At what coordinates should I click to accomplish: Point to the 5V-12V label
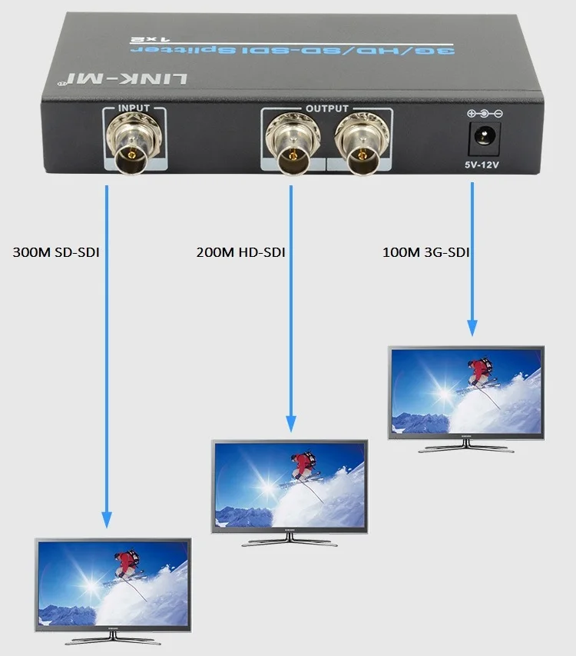coord(484,164)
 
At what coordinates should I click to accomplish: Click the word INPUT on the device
coord(134,108)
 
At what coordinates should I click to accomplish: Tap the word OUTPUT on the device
coord(326,108)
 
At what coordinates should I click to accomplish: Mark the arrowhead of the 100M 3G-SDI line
coord(472,328)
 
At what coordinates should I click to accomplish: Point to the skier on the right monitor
coord(480,372)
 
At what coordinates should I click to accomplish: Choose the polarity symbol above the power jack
coord(484,114)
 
